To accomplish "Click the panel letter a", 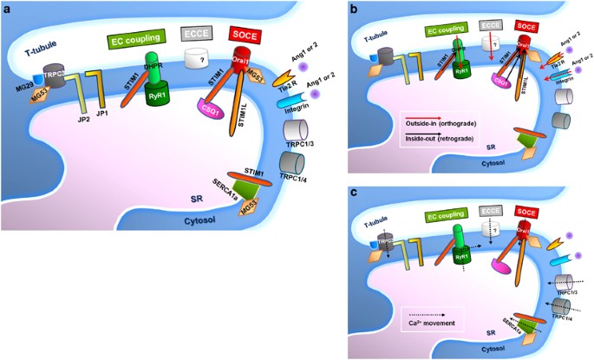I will click(8, 9).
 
